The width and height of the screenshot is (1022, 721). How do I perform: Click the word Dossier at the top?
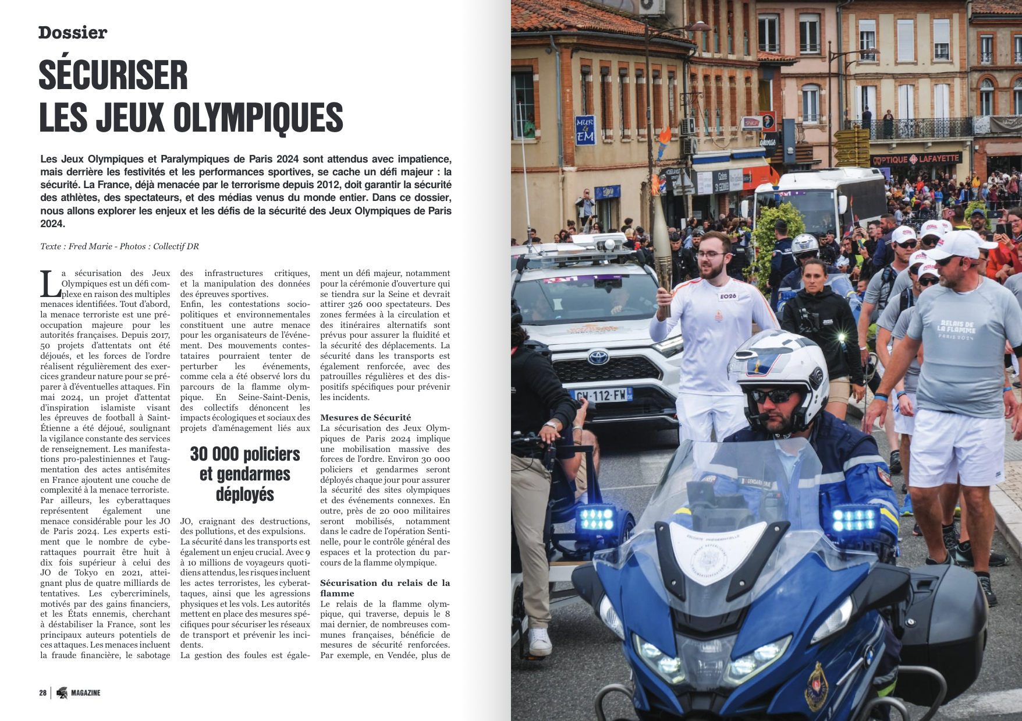coord(72,33)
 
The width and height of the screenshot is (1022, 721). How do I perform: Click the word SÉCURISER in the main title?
coord(113,76)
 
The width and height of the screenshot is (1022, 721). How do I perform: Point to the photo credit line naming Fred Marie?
coord(119,246)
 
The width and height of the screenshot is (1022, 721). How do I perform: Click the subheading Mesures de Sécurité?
coord(365,417)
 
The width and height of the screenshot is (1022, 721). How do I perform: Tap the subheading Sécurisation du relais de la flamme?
coord(384,588)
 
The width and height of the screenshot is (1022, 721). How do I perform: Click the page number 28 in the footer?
coord(42,692)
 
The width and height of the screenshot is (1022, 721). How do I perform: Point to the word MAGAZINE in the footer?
coord(86,692)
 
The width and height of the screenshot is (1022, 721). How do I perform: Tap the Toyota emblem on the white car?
coord(598,356)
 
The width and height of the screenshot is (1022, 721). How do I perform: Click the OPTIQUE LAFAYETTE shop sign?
coord(916,158)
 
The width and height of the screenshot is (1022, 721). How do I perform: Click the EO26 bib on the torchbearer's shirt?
coord(728,296)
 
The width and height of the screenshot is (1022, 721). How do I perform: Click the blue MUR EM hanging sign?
coord(584,131)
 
